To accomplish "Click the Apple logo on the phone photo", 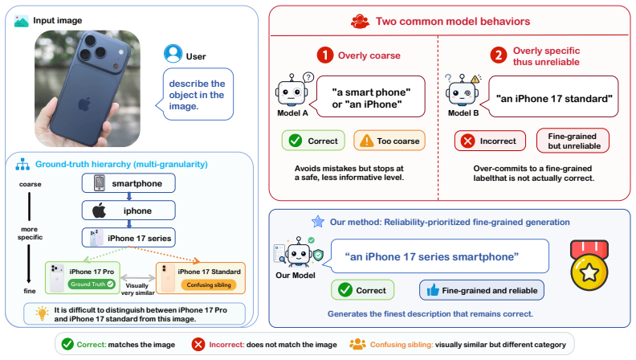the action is [84, 104].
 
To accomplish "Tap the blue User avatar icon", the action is [173, 54].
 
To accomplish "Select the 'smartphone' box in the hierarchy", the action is [128, 183].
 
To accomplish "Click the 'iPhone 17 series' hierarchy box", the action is [128, 238].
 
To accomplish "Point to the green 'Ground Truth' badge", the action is [92, 284].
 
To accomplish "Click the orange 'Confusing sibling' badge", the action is [209, 285].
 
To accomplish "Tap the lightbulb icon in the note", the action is [42, 313].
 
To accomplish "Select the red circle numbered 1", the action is [325, 55].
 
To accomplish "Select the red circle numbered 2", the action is [499, 55].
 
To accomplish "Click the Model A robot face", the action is [291, 92].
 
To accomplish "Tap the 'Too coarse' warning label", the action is [389, 141].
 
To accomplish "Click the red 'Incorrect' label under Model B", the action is [490, 141].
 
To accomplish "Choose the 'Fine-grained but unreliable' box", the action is [573, 141].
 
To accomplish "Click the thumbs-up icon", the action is [433, 290].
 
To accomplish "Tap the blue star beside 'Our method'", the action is [318, 222].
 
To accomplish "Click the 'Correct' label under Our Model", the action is [362, 290].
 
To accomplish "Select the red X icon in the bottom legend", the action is [198, 345].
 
